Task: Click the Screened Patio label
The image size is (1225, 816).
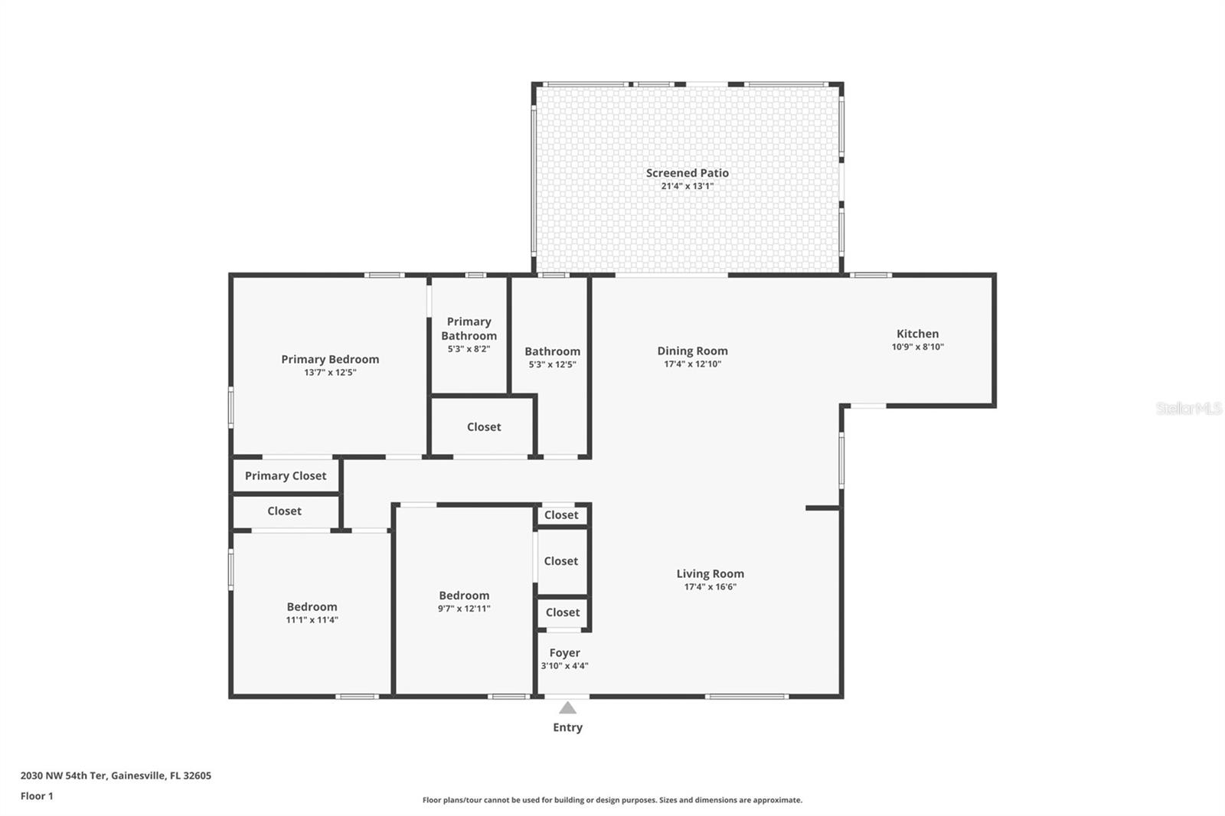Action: [687, 173]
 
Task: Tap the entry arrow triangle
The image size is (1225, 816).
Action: [567, 708]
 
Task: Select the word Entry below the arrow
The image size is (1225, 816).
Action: [567, 727]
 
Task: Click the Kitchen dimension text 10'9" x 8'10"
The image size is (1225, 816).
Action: [917, 347]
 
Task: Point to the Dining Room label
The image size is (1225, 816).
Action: [692, 351]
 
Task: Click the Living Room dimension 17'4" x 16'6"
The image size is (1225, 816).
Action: [710, 587]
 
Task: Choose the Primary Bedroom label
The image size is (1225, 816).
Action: [330, 359]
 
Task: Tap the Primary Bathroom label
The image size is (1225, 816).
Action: [469, 328]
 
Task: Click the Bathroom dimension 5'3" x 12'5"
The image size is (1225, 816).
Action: [552, 364]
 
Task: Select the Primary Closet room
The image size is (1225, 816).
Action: [286, 475]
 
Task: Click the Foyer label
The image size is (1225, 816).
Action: [564, 653]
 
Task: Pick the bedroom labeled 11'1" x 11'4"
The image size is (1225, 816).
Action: [312, 612]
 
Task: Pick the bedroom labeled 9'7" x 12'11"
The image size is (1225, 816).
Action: [464, 601]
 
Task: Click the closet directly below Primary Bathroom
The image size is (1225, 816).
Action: [484, 426]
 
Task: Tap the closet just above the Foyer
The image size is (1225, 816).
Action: [563, 612]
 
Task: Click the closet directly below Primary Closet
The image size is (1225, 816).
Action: [284, 511]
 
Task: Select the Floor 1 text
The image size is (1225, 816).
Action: [37, 796]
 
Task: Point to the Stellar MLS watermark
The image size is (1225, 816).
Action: [1188, 409]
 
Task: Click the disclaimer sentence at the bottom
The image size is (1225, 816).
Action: [612, 800]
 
